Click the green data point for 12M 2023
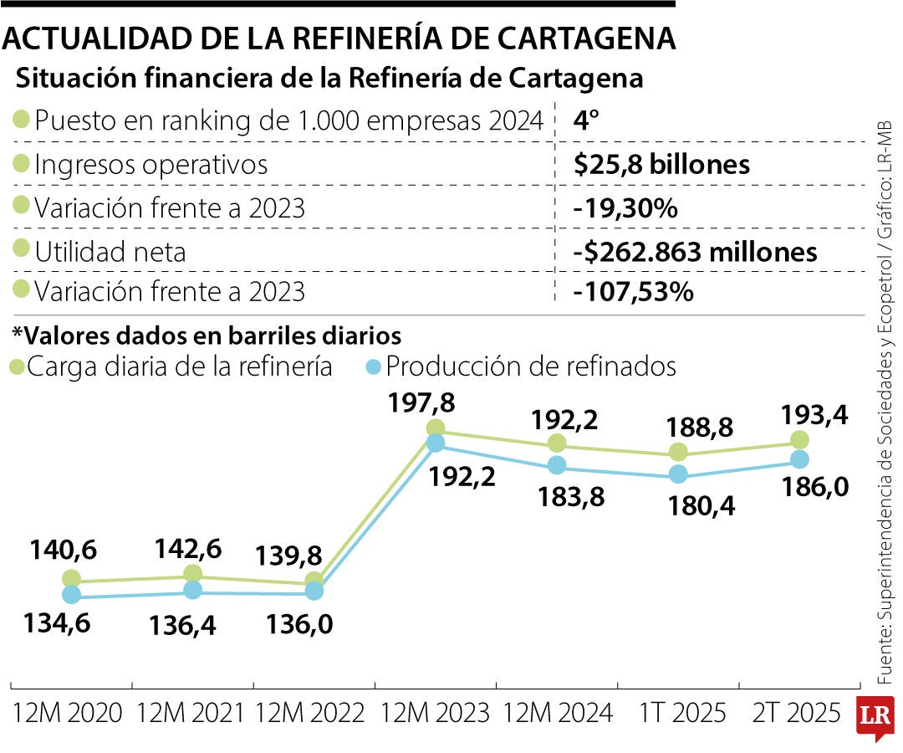tap(436, 428)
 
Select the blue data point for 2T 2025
tap(800, 459)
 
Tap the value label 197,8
tap(422, 403)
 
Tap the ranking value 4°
tap(587, 120)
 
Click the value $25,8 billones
tap(661, 165)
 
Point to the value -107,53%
tap(633, 293)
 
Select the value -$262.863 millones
tap(695, 252)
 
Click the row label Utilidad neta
tap(110, 252)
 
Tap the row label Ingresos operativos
tap(150, 165)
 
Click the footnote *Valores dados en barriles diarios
tap(207, 336)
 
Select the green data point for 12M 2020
tap(71, 578)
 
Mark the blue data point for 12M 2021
tap(193, 590)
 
